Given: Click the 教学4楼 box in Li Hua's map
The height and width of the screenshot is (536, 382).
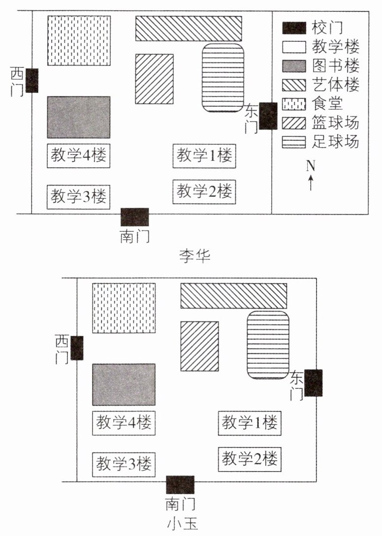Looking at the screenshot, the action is (79, 156).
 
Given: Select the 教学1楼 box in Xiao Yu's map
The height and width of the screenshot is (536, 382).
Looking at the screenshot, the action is (249, 422).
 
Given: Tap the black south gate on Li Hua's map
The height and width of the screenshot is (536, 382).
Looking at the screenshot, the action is (135, 217).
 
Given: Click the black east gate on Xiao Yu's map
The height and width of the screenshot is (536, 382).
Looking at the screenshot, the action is (313, 382).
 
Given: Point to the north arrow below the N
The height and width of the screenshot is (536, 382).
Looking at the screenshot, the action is (310, 184).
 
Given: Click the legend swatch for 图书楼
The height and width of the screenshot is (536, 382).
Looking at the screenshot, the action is (294, 65).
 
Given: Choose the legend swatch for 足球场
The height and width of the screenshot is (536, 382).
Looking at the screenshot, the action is (294, 142).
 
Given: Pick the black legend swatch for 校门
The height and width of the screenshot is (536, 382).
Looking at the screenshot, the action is (294, 28).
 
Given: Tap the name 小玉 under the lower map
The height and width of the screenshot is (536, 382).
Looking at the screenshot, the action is (183, 524).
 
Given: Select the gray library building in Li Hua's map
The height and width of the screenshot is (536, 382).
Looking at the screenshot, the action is (79, 117).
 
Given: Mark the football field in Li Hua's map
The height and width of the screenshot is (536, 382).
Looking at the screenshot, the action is (223, 77).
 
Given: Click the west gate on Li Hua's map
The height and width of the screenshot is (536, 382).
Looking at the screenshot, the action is (32, 80).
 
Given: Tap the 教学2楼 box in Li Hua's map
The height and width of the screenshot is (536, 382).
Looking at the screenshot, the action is (204, 190).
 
